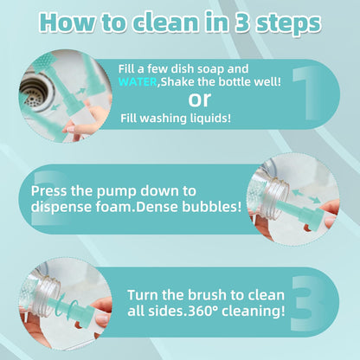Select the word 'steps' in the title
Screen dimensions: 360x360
pyautogui.click(x=289, y=23)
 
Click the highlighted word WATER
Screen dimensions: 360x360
pyautogui.click(x=138, y=82)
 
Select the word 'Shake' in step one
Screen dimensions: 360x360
pyautogui.click(x=176, y=82)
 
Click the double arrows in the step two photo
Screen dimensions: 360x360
pyautogui.click(x=306, y=196)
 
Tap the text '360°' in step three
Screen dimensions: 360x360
pyautogui.click(x=202, y=311)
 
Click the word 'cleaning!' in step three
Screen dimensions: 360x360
pyautogui.click(x=253, y=312)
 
